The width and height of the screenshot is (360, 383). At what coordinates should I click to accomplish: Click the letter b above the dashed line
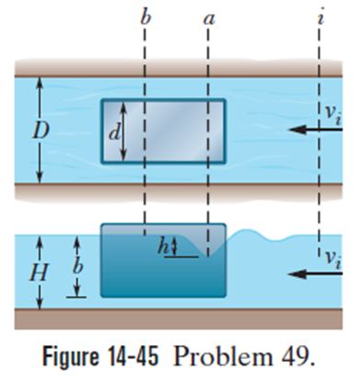(145, 17)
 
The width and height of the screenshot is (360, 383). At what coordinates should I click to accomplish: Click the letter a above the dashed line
(209, 19)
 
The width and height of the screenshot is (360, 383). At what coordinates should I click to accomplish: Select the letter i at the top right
(320, 17)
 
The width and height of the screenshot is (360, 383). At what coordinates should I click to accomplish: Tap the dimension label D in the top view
(41, 131)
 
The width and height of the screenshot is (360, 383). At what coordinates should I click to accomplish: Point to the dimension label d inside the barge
(114, 133)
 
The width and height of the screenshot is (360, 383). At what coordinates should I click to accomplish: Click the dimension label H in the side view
(39, 273)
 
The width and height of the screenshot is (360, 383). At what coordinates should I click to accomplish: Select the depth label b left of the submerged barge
(77, 265)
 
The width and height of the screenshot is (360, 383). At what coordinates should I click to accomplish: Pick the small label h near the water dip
(163, 246)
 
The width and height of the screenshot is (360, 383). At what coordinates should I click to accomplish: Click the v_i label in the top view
(333, 116)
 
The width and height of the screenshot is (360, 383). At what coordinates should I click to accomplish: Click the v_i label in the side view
(333, 260)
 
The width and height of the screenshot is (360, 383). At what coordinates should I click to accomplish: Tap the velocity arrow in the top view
(316, 130)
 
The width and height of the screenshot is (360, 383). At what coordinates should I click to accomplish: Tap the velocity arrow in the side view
(316, 273)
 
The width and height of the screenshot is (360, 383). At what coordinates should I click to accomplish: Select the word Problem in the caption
(223, 357)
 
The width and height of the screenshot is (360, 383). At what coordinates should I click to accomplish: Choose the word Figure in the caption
(71, 357)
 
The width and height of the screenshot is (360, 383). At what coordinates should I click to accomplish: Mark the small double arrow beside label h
(174, 246)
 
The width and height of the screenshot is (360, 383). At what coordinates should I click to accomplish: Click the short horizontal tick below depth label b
(76, 296)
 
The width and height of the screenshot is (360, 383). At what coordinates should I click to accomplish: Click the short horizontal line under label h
(181, 257)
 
